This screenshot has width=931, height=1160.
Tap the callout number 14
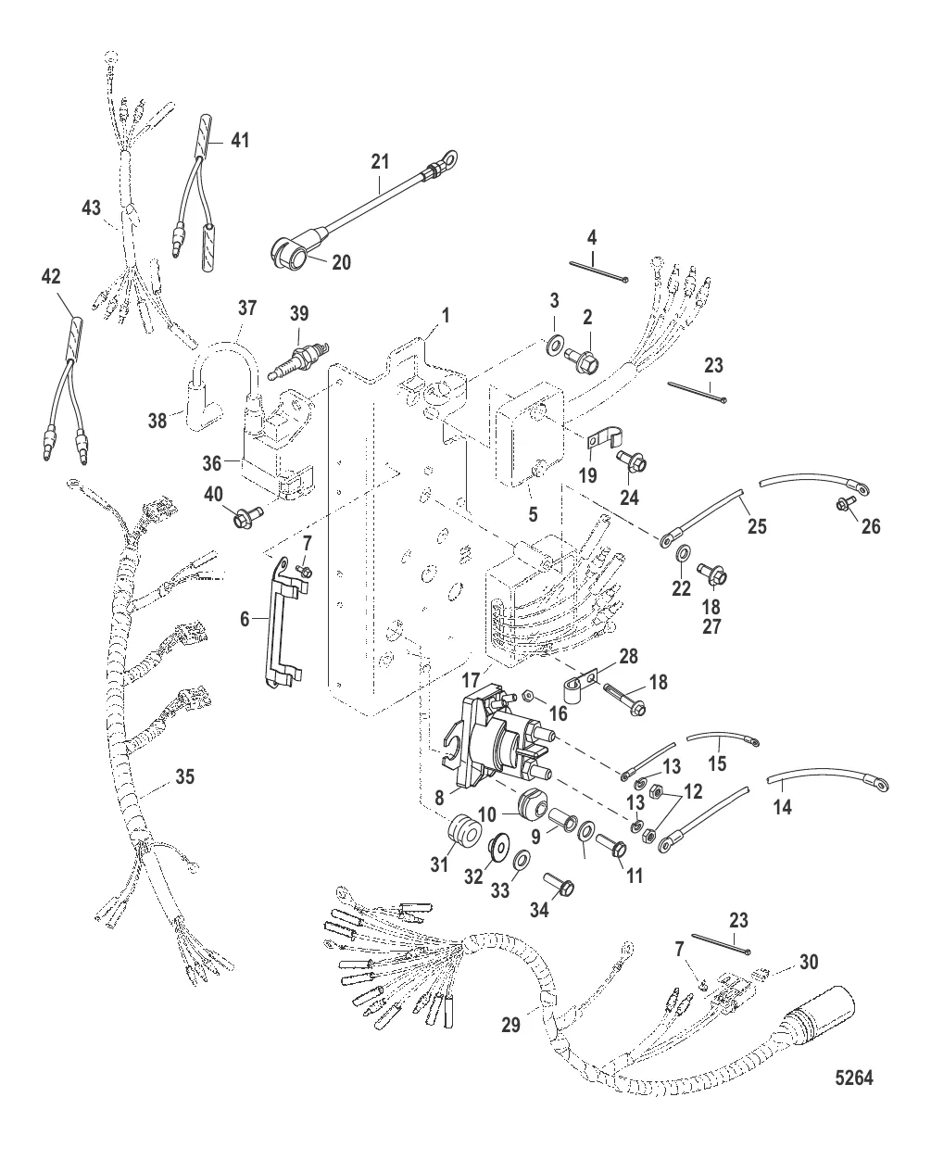[x=783, y=806]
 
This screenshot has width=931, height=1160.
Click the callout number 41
[x=240, y=140]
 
